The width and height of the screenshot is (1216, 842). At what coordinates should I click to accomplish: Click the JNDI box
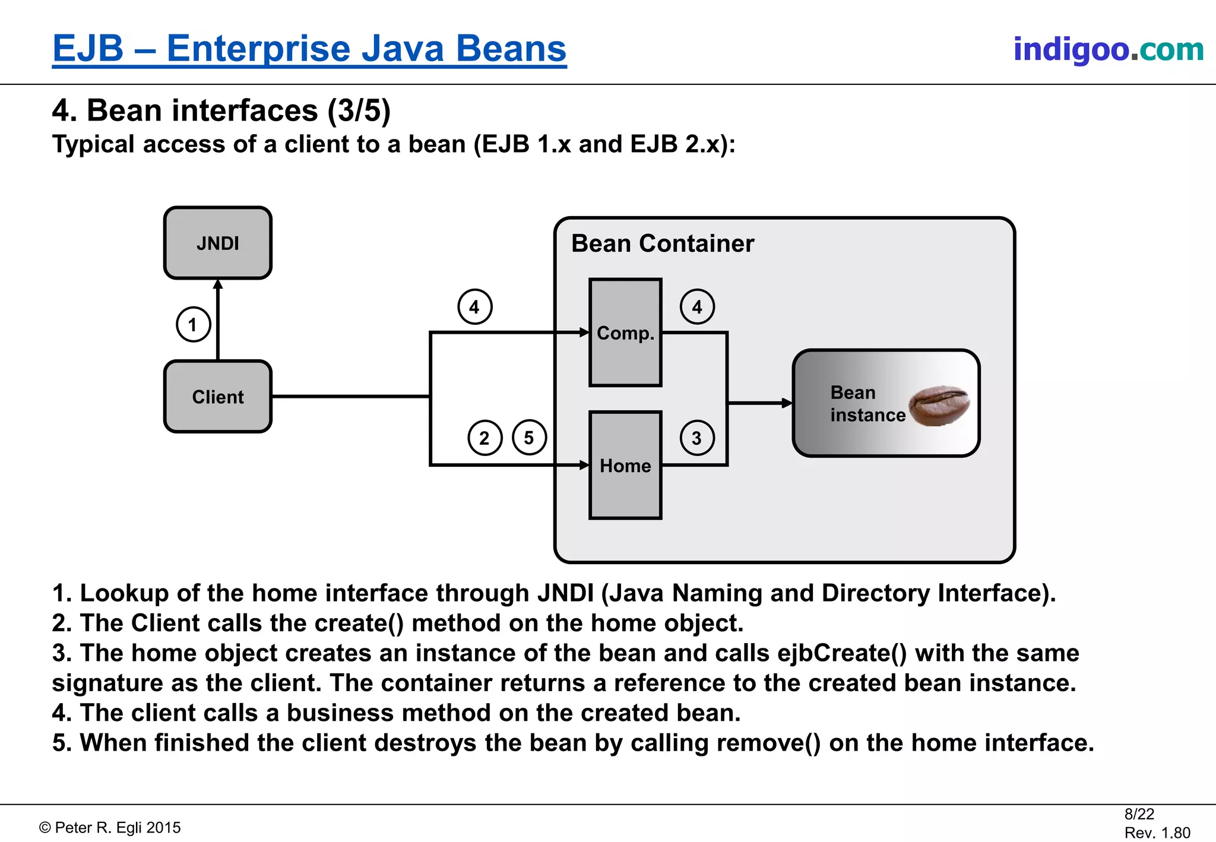coord(218,243)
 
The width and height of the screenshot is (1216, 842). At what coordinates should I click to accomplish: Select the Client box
coord(218,397)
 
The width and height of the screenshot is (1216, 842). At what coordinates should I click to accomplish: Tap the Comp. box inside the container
coord(625,333)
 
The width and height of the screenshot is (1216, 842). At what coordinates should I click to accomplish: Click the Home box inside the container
coord(625,466)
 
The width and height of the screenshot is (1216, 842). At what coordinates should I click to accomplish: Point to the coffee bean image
coord(939,405)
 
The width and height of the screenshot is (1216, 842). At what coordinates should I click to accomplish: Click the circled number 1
coord(193,324)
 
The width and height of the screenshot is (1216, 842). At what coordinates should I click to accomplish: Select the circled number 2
coord(484,438)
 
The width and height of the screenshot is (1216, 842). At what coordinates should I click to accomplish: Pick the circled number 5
coord(528,438)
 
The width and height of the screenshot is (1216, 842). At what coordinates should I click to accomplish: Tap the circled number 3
coord(696,438)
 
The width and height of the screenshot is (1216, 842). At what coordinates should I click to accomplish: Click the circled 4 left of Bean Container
coord(474,307)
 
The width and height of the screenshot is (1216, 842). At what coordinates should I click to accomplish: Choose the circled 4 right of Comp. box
coord(696,307)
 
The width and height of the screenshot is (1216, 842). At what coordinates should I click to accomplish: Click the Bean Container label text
coord(662,243)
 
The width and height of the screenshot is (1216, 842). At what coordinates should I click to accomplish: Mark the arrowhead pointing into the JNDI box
coord(218,284)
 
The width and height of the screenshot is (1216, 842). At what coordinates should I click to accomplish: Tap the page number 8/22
coord(1139,814)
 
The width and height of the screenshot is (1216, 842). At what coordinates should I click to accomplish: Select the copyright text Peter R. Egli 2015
coord(110,828)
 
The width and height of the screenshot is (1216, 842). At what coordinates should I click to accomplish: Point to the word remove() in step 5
coord(784,743)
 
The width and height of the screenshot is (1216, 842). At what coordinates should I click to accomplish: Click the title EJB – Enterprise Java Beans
coord(309,48)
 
